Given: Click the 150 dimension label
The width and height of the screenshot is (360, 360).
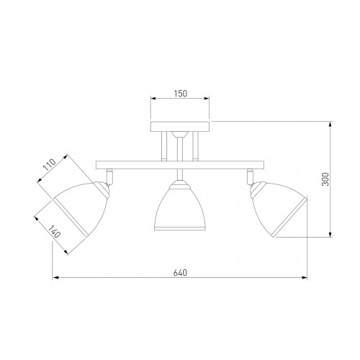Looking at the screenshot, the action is tap(181, 94).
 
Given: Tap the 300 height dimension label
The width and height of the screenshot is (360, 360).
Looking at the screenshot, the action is tap(325, 179).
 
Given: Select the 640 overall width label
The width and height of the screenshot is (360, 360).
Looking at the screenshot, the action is tap(180, 273).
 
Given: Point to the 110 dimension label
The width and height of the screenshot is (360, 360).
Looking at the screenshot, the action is tap(50, 165).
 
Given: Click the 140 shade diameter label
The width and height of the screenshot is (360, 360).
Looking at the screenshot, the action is tap(54, 232).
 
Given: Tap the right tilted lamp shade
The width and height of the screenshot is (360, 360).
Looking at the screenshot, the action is tap(279, 210).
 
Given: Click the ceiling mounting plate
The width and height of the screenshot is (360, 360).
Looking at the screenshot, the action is tap(180, 127).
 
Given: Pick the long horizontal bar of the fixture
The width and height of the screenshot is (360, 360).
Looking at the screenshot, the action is tap(180, 165).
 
